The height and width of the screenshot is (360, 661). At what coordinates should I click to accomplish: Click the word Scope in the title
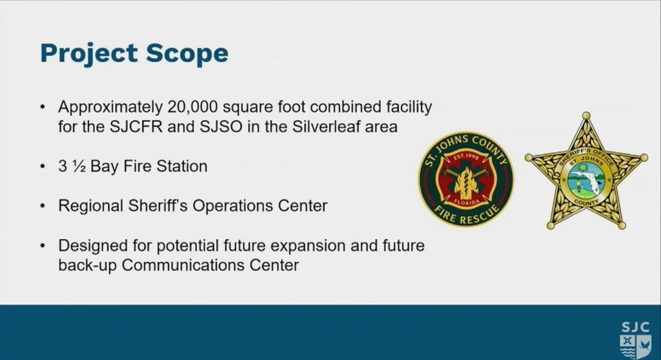tap(187, 53)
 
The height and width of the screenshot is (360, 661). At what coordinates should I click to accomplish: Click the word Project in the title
tap(89, 54)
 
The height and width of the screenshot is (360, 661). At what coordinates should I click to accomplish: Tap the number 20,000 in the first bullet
tap(192, 107)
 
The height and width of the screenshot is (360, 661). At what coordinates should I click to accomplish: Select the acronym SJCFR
tap(136, 126)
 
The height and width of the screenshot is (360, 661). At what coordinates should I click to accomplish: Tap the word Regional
tap(90, 206)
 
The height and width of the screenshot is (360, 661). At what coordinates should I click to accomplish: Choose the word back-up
tap(87, 266)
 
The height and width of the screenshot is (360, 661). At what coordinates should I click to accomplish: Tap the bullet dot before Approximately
tap(43, 107)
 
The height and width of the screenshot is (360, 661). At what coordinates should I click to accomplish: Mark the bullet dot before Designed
tap(43, 246)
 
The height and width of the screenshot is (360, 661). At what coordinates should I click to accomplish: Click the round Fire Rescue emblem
tap(466, 179)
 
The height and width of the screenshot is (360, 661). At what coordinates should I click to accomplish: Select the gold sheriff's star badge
tap(586, 173)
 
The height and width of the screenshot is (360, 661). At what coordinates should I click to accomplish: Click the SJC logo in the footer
tap(635, 340)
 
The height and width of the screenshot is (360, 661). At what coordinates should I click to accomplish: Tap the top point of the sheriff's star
tap(586, 115)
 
